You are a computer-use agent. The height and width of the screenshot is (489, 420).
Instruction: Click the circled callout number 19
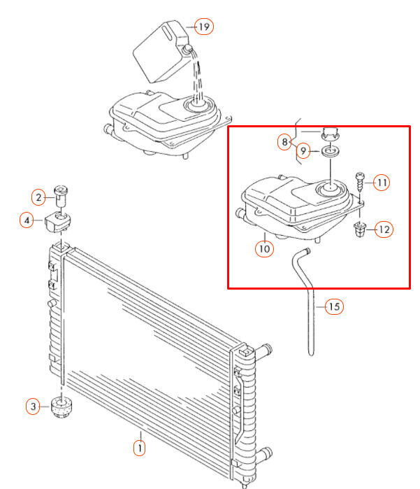click(x=204, y=27)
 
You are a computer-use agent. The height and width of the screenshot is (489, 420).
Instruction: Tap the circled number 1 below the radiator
click(x=139, y=448)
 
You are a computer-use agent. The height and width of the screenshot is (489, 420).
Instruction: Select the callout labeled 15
click(x=334, y=306)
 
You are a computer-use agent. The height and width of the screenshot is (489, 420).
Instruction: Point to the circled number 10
click(x=265, y=249)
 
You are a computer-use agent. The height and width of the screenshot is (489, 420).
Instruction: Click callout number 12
click(x=384, y=229)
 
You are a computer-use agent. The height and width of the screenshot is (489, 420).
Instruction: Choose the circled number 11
click(x=382, y=183)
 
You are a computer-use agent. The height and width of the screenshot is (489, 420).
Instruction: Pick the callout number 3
click(x=33, y=406)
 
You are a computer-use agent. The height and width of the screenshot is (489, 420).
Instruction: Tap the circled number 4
click(x=27, y=220)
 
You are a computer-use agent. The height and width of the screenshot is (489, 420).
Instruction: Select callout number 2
click(x=38, y=197)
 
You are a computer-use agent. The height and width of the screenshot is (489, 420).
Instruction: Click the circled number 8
click(x=284, y=142)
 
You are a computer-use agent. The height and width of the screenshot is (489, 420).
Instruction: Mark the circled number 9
click(x=303, y=151)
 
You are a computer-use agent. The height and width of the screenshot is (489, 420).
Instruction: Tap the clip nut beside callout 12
click(x=360, y=229)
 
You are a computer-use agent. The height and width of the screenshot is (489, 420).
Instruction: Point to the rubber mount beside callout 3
click(x=61, y=406)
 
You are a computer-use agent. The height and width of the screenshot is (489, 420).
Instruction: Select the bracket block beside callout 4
click(x=57, y=222)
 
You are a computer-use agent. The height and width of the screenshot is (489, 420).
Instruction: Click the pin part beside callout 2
click(x=60, y=196)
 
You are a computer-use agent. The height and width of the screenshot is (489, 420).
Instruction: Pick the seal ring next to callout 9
click(x=331, y=152)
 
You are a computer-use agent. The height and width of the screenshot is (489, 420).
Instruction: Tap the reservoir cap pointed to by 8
click(x=330, y=134)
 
